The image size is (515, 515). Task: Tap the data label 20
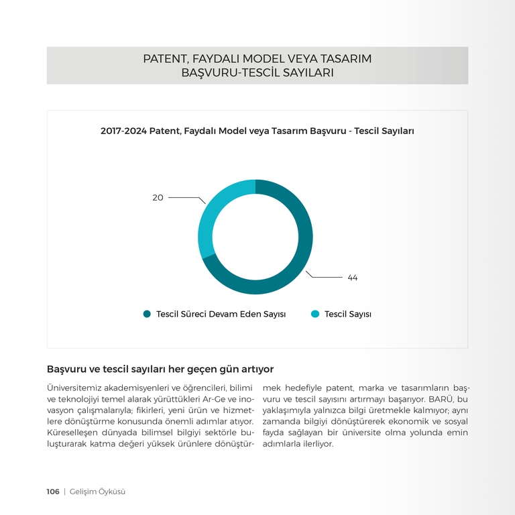click(x=158, y=198)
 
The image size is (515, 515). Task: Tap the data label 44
click(x=352, y=278)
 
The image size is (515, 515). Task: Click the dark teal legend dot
click(x=147, y=314)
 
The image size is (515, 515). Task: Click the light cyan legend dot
click(x=315, y=314)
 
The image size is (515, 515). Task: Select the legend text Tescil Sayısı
click(x=347, y=314)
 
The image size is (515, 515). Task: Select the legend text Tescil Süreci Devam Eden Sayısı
click(x=221, y=314)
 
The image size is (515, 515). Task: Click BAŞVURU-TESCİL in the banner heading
click(x=227, y=72)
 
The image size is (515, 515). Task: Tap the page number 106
click(x=53, y=492)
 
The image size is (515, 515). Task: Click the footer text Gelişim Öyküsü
click(x=98, y=492)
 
